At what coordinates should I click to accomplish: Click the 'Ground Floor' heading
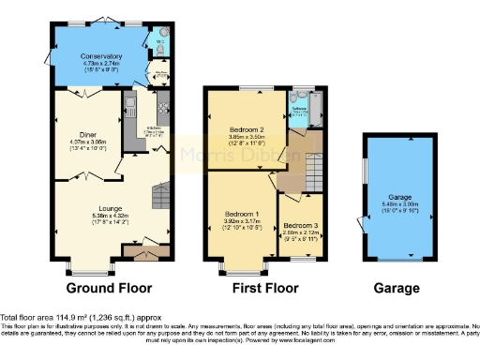(x=110, y=288)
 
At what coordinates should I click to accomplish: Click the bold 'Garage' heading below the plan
(x=396, y=288)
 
